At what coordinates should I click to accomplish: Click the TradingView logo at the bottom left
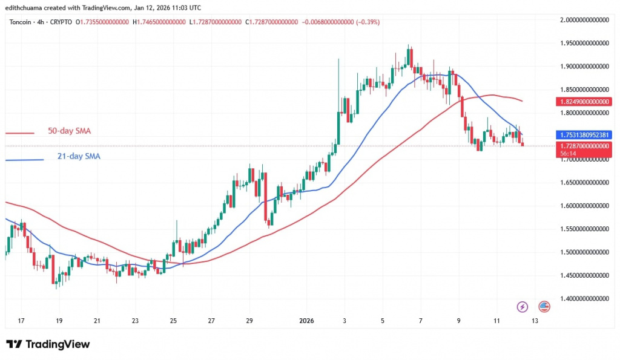48,344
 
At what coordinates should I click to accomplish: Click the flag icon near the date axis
544,306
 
